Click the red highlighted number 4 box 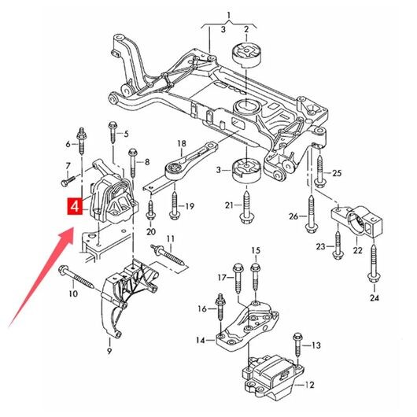[75, 206]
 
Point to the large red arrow [42, 277]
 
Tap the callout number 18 [182, 144]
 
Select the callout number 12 [309, 385]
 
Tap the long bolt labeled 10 [76, 277]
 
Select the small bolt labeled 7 [68, 181]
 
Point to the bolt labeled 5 [113, 132]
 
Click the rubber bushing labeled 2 [247, 55]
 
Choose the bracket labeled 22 [357, 220]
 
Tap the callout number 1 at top [229, 15]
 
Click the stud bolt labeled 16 [220, 308]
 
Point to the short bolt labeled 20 [150, 211]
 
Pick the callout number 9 [109, 352]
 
